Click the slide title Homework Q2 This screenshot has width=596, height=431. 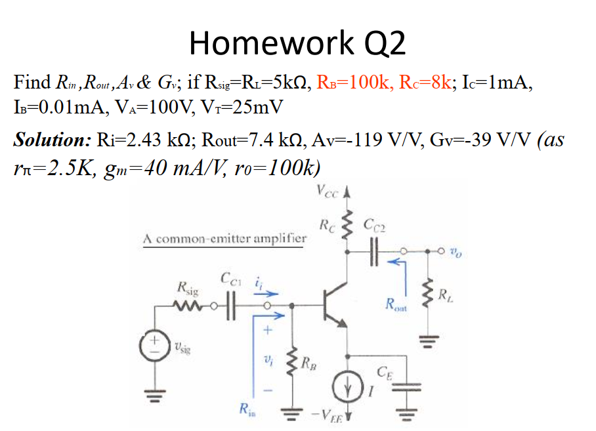click(297, 43)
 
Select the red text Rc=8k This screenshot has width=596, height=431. click(427, 83)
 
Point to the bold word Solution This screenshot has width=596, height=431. click(52, 140)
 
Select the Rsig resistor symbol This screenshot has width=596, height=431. click(186, 306)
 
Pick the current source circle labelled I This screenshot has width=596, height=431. click(350, 386)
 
